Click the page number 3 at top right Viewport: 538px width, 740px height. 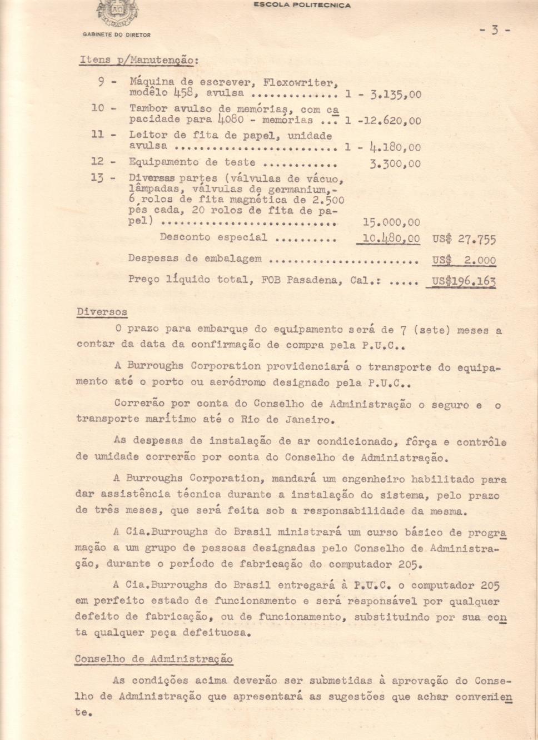(x=495, y=30)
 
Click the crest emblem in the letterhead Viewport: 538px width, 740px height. (x=117, y=13)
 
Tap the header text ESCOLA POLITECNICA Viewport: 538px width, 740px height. (x=302, y=5)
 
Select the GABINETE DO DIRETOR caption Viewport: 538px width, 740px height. (x=117, y=34)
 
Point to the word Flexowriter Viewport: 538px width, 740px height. (x=300, y=83)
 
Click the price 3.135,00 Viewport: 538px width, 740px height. (x=396, y=95)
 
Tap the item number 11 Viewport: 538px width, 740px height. (x=97, y=135)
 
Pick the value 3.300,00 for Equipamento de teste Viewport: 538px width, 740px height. (x=395, y=164)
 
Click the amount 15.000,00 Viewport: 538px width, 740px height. (x=391, y=222)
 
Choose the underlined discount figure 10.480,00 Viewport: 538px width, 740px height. (x=391, y=239)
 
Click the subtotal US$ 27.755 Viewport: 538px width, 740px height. (x=464, y=240)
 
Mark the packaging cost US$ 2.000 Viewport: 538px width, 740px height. (x=464, y=260)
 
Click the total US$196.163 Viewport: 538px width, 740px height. (x=464, y=281)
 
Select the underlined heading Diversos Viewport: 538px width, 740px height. (x=102, y=312)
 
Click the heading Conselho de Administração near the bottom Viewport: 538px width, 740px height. (x=154, y=659)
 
